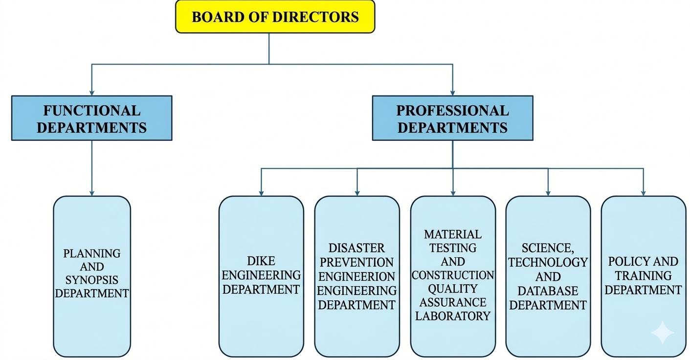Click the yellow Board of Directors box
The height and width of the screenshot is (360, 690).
(275, 17)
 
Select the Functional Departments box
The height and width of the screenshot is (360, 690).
(91, 118)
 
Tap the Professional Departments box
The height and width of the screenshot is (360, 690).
(452, 118)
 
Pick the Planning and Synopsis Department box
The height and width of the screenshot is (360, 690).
(92, 276)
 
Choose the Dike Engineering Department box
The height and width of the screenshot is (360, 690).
(261, 276)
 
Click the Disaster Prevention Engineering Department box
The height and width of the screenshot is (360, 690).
(356, 276)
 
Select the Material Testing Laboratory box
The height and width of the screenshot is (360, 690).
(452, 276)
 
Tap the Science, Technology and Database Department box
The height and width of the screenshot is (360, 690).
(548, 276)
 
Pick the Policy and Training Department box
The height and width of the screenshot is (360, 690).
(643, 276)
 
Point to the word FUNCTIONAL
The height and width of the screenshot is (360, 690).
(91, 110)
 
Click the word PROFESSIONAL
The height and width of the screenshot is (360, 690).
(452, 110)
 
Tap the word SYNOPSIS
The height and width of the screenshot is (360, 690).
(92, 280)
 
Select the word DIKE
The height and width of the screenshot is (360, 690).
(261, 261)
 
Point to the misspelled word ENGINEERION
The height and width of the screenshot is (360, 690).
(356, 276)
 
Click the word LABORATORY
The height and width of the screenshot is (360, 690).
(452, 315)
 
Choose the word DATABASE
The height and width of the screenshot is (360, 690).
(548, 291)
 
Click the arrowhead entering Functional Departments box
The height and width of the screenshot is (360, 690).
(91, 92)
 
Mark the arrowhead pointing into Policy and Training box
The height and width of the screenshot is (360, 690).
(643, 193)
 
